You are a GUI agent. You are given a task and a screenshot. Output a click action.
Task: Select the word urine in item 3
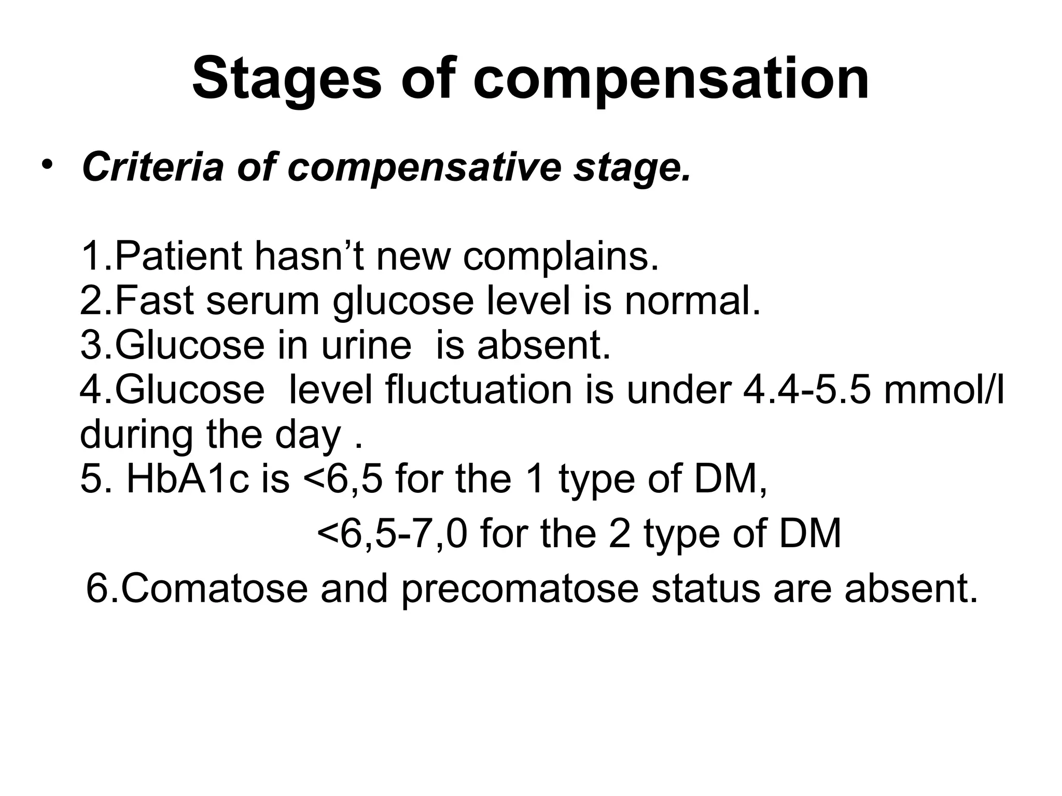(366, 345)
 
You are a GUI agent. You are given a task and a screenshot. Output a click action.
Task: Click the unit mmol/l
(944, 390)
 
